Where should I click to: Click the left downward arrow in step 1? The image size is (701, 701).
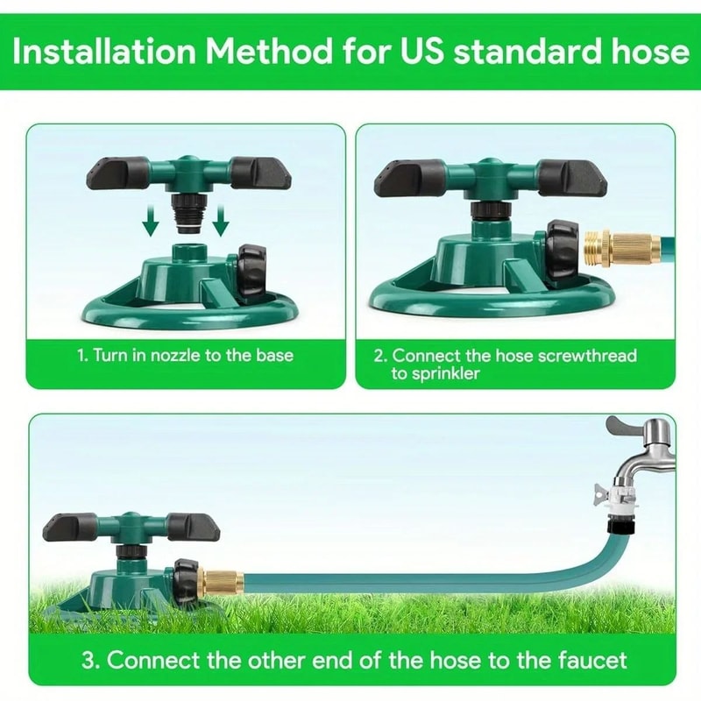152,223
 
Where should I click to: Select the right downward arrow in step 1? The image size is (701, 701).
220,223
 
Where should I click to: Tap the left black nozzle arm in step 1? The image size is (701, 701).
117,172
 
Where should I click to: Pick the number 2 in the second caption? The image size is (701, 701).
379,356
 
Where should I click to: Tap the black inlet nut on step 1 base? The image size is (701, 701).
253,273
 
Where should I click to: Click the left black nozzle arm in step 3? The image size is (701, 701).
71,527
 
